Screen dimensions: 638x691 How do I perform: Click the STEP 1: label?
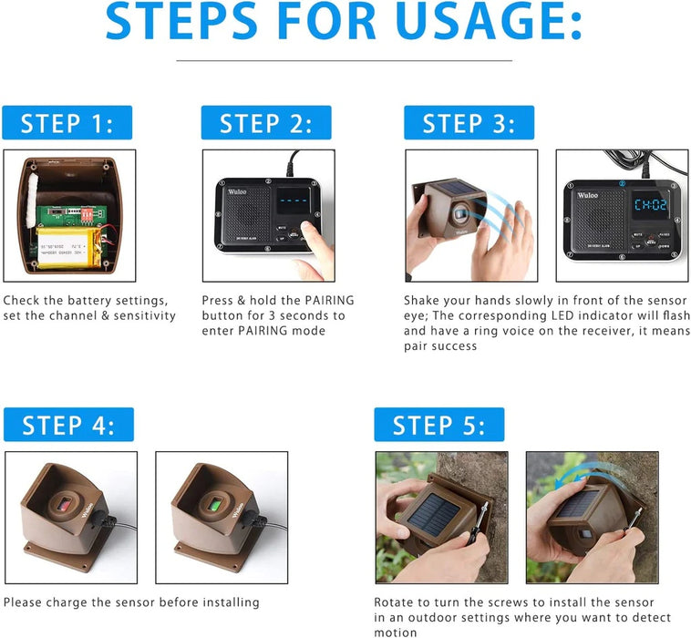point(67,123)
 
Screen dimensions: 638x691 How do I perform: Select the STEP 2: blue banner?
point(265,123)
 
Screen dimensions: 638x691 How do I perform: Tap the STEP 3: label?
point(469,123)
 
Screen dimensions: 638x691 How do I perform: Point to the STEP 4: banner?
point(68,425)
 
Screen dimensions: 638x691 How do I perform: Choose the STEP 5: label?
point(438,425)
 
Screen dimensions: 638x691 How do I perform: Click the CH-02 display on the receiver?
point(651,205)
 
